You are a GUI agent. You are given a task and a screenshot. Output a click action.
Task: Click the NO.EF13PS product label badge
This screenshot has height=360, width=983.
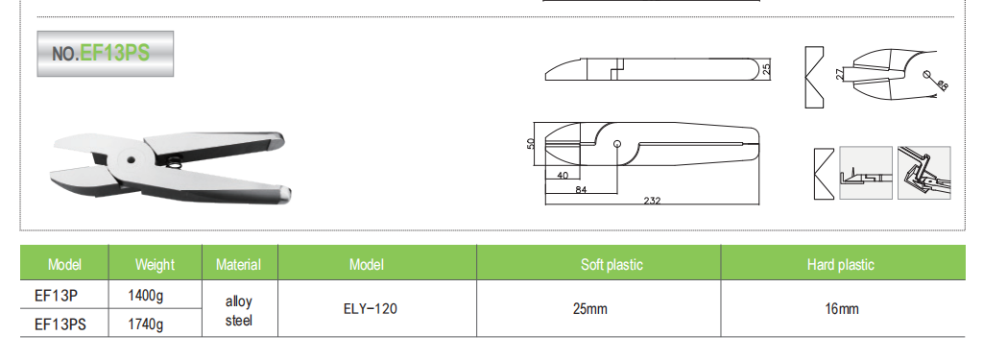(106, 54)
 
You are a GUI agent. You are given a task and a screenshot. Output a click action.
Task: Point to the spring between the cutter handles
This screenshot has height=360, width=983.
(176, 164)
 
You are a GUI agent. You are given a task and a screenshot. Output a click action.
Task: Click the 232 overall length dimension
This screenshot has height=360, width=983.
(652, 201)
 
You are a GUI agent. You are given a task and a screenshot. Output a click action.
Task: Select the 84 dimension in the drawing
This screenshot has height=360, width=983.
(581, 189)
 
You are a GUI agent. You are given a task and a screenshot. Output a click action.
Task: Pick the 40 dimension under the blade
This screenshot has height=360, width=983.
(563, 176)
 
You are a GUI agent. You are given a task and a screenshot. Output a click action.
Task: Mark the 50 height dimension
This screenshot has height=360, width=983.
(530, 144)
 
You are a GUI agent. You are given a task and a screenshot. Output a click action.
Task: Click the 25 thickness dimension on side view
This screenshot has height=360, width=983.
(765, 68)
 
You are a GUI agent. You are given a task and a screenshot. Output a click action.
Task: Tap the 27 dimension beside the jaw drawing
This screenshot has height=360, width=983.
(839, 74)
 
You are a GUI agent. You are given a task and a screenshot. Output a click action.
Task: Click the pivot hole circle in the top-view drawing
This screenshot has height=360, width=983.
(617, 143)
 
